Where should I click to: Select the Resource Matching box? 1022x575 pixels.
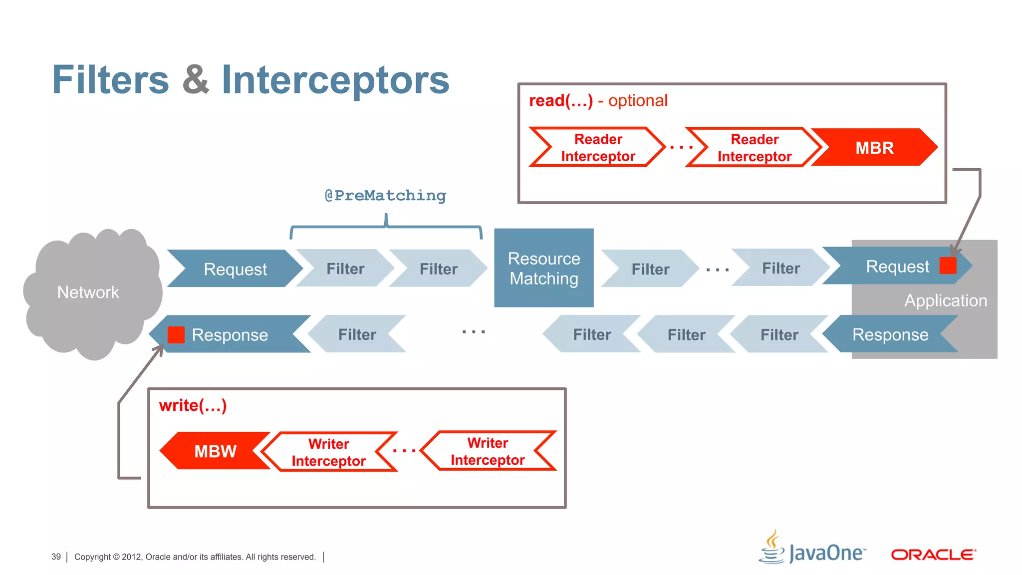(543, 268)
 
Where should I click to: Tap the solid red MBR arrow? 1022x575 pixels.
(874, 148)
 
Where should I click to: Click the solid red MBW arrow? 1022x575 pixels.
(215, 451)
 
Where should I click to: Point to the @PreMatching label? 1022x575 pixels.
(385, 195)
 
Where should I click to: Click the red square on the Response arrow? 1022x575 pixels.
(176, 334)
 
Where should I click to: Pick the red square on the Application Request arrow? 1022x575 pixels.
(948, 266)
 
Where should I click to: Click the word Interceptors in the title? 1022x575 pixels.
(335, 80)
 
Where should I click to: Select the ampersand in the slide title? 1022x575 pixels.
(196, 80)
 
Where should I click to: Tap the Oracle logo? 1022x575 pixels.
(933, 555)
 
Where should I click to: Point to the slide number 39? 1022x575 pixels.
(56, 557)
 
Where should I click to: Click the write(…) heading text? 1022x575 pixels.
(193, 405)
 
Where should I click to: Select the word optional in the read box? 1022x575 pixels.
(637, 101)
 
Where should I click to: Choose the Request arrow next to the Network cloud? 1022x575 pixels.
(235, 269)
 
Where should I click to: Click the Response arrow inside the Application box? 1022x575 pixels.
(890, 334)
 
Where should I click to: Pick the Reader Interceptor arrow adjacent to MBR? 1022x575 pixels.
(754, 148)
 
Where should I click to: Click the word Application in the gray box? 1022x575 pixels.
(945, 300)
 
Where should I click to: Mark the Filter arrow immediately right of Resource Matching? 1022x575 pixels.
(650, 269)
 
